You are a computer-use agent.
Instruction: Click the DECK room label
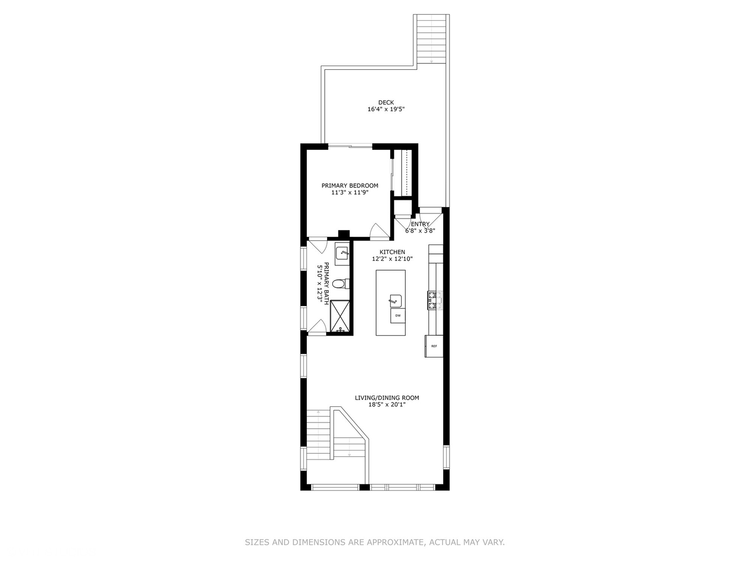pos(386,103)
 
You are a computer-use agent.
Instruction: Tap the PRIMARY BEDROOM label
pos(349,186)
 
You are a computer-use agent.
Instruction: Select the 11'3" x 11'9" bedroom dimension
pos(349,193)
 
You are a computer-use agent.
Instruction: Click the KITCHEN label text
pos(392,252)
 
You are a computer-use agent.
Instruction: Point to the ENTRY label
pos(420,224)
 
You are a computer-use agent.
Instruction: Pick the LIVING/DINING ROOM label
pos(386,398)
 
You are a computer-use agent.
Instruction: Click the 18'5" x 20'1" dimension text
pos(386,405)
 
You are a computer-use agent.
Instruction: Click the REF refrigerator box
pos(434,346)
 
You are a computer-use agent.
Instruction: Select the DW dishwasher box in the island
pos(398,316)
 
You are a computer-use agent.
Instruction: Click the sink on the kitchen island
pos(395,301)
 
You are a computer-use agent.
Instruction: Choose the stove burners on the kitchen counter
pos(434,301)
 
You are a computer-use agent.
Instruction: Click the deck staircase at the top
pos(432,39)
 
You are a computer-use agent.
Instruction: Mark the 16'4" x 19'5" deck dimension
pos(386,110)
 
